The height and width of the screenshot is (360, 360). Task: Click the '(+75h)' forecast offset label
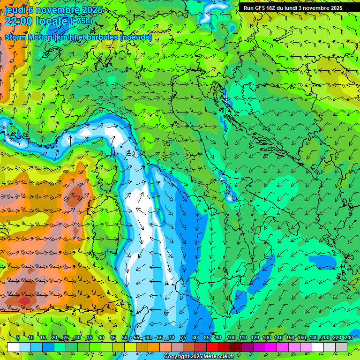(x=81, y=21)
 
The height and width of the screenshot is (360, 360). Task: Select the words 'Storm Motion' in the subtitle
(x=28, y=37)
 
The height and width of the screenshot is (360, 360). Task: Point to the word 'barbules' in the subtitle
(x=98, y=37)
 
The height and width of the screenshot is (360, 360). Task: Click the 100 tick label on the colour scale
(x=231, y=338)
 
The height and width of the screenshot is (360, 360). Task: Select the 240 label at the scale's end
(x=348, y=338)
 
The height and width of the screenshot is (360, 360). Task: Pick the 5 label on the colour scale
(x=18, y=338)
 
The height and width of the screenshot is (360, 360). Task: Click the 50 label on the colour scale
(x=125, y=338)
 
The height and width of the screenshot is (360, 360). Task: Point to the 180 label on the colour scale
(x=313, y=338)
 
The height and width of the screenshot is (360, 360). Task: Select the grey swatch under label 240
(x=341, y=347)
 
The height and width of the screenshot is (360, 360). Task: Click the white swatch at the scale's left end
(x=13, y=347)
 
